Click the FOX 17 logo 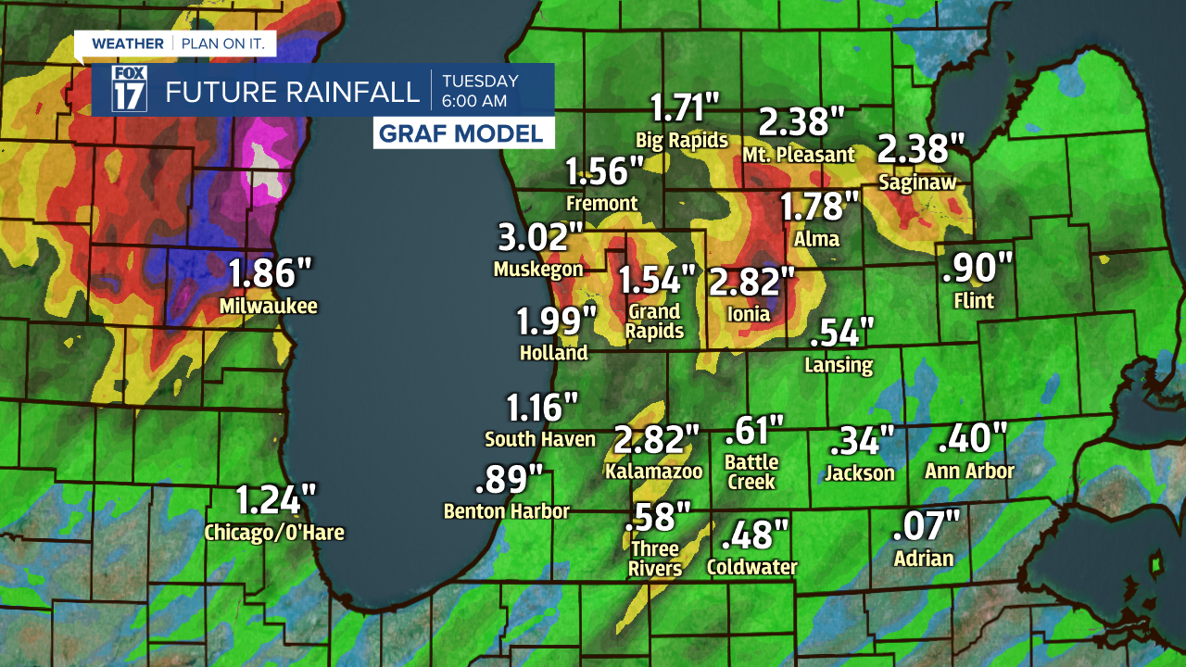(130, 90)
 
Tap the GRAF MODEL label (463, 133)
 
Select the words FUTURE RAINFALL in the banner (292, 92)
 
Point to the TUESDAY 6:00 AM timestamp (480, 90)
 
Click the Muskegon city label (538, 270)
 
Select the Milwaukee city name (269, 306)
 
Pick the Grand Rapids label (653, 321)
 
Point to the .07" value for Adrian (926, 526)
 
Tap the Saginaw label (916, 182)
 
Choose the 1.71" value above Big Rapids (685, 108)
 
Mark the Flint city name (974, 300)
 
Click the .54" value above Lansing (841, 332)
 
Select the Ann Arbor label (969, 471)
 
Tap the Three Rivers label (655, 559)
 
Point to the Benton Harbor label (506, 510)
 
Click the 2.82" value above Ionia (752, 281)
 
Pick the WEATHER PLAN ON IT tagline (174, 44)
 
